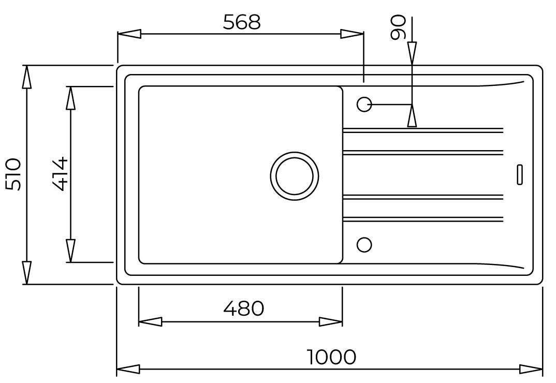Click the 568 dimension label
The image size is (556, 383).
click(x=242, y=22)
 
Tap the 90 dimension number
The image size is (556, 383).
click(x=398, y=27)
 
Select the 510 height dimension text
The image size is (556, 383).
click(x=14, y=174)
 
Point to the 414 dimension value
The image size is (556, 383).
click(x=59, y=174)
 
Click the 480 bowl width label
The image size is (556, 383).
click(x=244, y=308)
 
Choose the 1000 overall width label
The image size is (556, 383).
click(x=331, y=357)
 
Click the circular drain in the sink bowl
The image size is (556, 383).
click(x=295, y=175)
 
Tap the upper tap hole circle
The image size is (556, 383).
click(x=364, y=105)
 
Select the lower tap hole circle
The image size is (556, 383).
click(x=364, y=245)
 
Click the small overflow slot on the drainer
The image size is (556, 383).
click(x=519, y=174)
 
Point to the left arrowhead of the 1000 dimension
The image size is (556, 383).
click(x=129, y=369)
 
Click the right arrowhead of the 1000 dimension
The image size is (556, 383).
click(x=531, y=369)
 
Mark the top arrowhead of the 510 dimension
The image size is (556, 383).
click(x=26, y=77)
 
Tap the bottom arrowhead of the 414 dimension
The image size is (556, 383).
click(x=70, y=251)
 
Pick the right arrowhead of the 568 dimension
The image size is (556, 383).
click(x=352, y=34)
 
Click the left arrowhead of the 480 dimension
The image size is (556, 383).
click(x=150, y=321)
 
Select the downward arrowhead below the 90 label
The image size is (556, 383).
click(x=412, y=53)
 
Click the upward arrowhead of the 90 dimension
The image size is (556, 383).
click(x=412, y=115)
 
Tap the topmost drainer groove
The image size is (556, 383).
click(x=423, y=130)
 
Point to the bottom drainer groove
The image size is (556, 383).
click(x=423, y=219)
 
